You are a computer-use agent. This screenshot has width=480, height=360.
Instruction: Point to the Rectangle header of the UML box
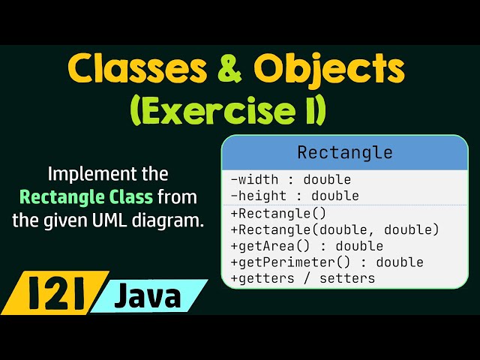345,152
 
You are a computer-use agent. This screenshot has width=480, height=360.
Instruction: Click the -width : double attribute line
290,180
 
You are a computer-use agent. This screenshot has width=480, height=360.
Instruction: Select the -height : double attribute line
294,196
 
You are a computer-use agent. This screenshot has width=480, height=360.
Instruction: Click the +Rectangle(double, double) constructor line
334,229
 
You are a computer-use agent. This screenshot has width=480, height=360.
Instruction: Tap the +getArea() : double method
307,246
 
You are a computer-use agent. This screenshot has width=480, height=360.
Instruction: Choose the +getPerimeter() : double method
327,262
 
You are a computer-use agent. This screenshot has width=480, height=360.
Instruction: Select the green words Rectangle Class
86,198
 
